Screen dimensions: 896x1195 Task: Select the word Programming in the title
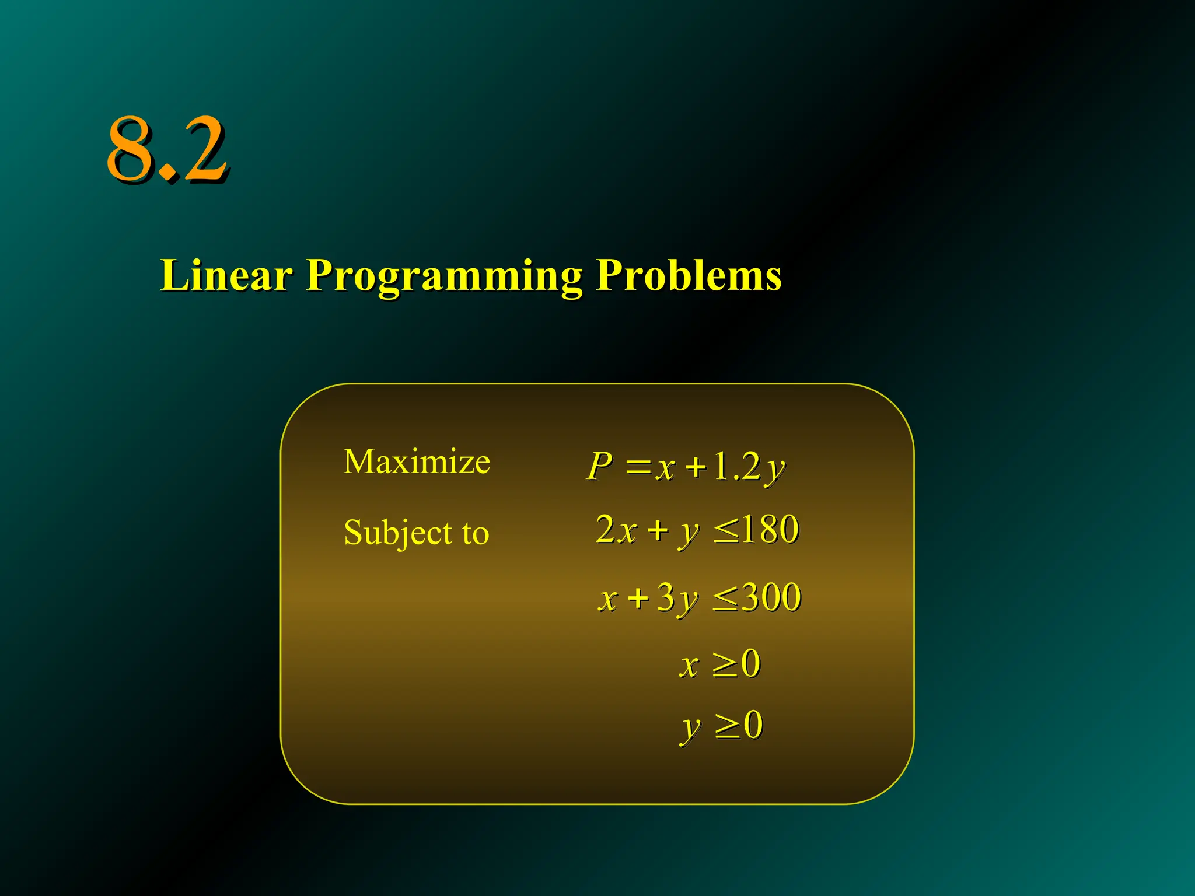click(444, 276)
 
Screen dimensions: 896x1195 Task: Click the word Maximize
click(417, 461)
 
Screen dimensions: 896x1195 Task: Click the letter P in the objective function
click(600, 467)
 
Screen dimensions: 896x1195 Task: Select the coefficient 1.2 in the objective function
click(737, 467)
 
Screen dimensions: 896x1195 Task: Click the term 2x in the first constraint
click(616, 530)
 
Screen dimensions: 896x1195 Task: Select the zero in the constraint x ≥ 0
click(750, 664)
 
